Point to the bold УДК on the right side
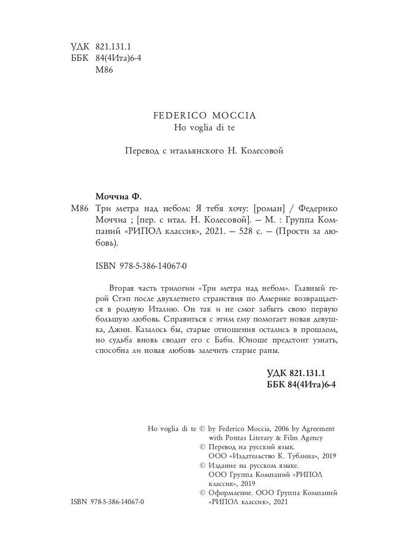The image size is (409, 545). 276,373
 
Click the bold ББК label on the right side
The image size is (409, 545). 275,384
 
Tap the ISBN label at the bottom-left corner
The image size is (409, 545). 80,502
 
